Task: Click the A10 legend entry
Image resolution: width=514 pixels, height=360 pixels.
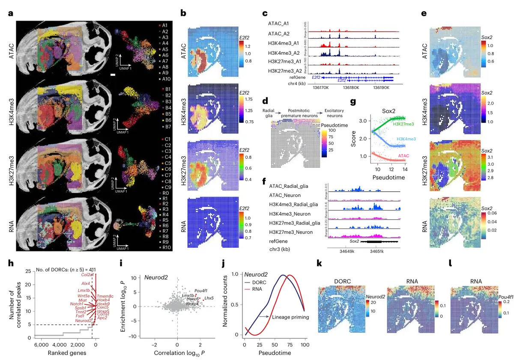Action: click(x=166, y=79)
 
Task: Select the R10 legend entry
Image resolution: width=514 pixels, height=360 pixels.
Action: click(x=166, y=247)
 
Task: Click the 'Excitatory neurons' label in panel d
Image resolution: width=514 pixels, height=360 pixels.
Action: click(x=335, y=113)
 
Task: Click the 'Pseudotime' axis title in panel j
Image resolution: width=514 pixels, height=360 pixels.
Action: click(x=274, y=353)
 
